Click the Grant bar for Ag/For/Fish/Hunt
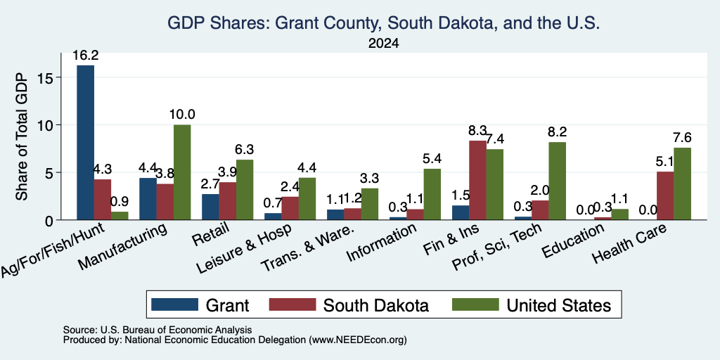pos(85,142)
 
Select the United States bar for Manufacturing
pos(182,172)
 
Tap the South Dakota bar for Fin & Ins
pos(478,180)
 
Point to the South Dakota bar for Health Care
pos(665,195)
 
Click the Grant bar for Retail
pos(210,207)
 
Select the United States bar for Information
pos(432,194)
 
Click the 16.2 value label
pos(85,56)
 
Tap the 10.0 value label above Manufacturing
pos(182,115)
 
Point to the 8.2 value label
pos(558,132)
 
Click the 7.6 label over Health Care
pos(682,138)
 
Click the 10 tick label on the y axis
pos(50,125)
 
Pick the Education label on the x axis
pos(572,241)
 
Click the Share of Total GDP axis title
pos(22,136)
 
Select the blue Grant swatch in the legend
pos(174,304)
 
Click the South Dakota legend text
pos(376,305)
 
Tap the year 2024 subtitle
pos(383,44)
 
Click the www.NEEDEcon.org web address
pos(358,340)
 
